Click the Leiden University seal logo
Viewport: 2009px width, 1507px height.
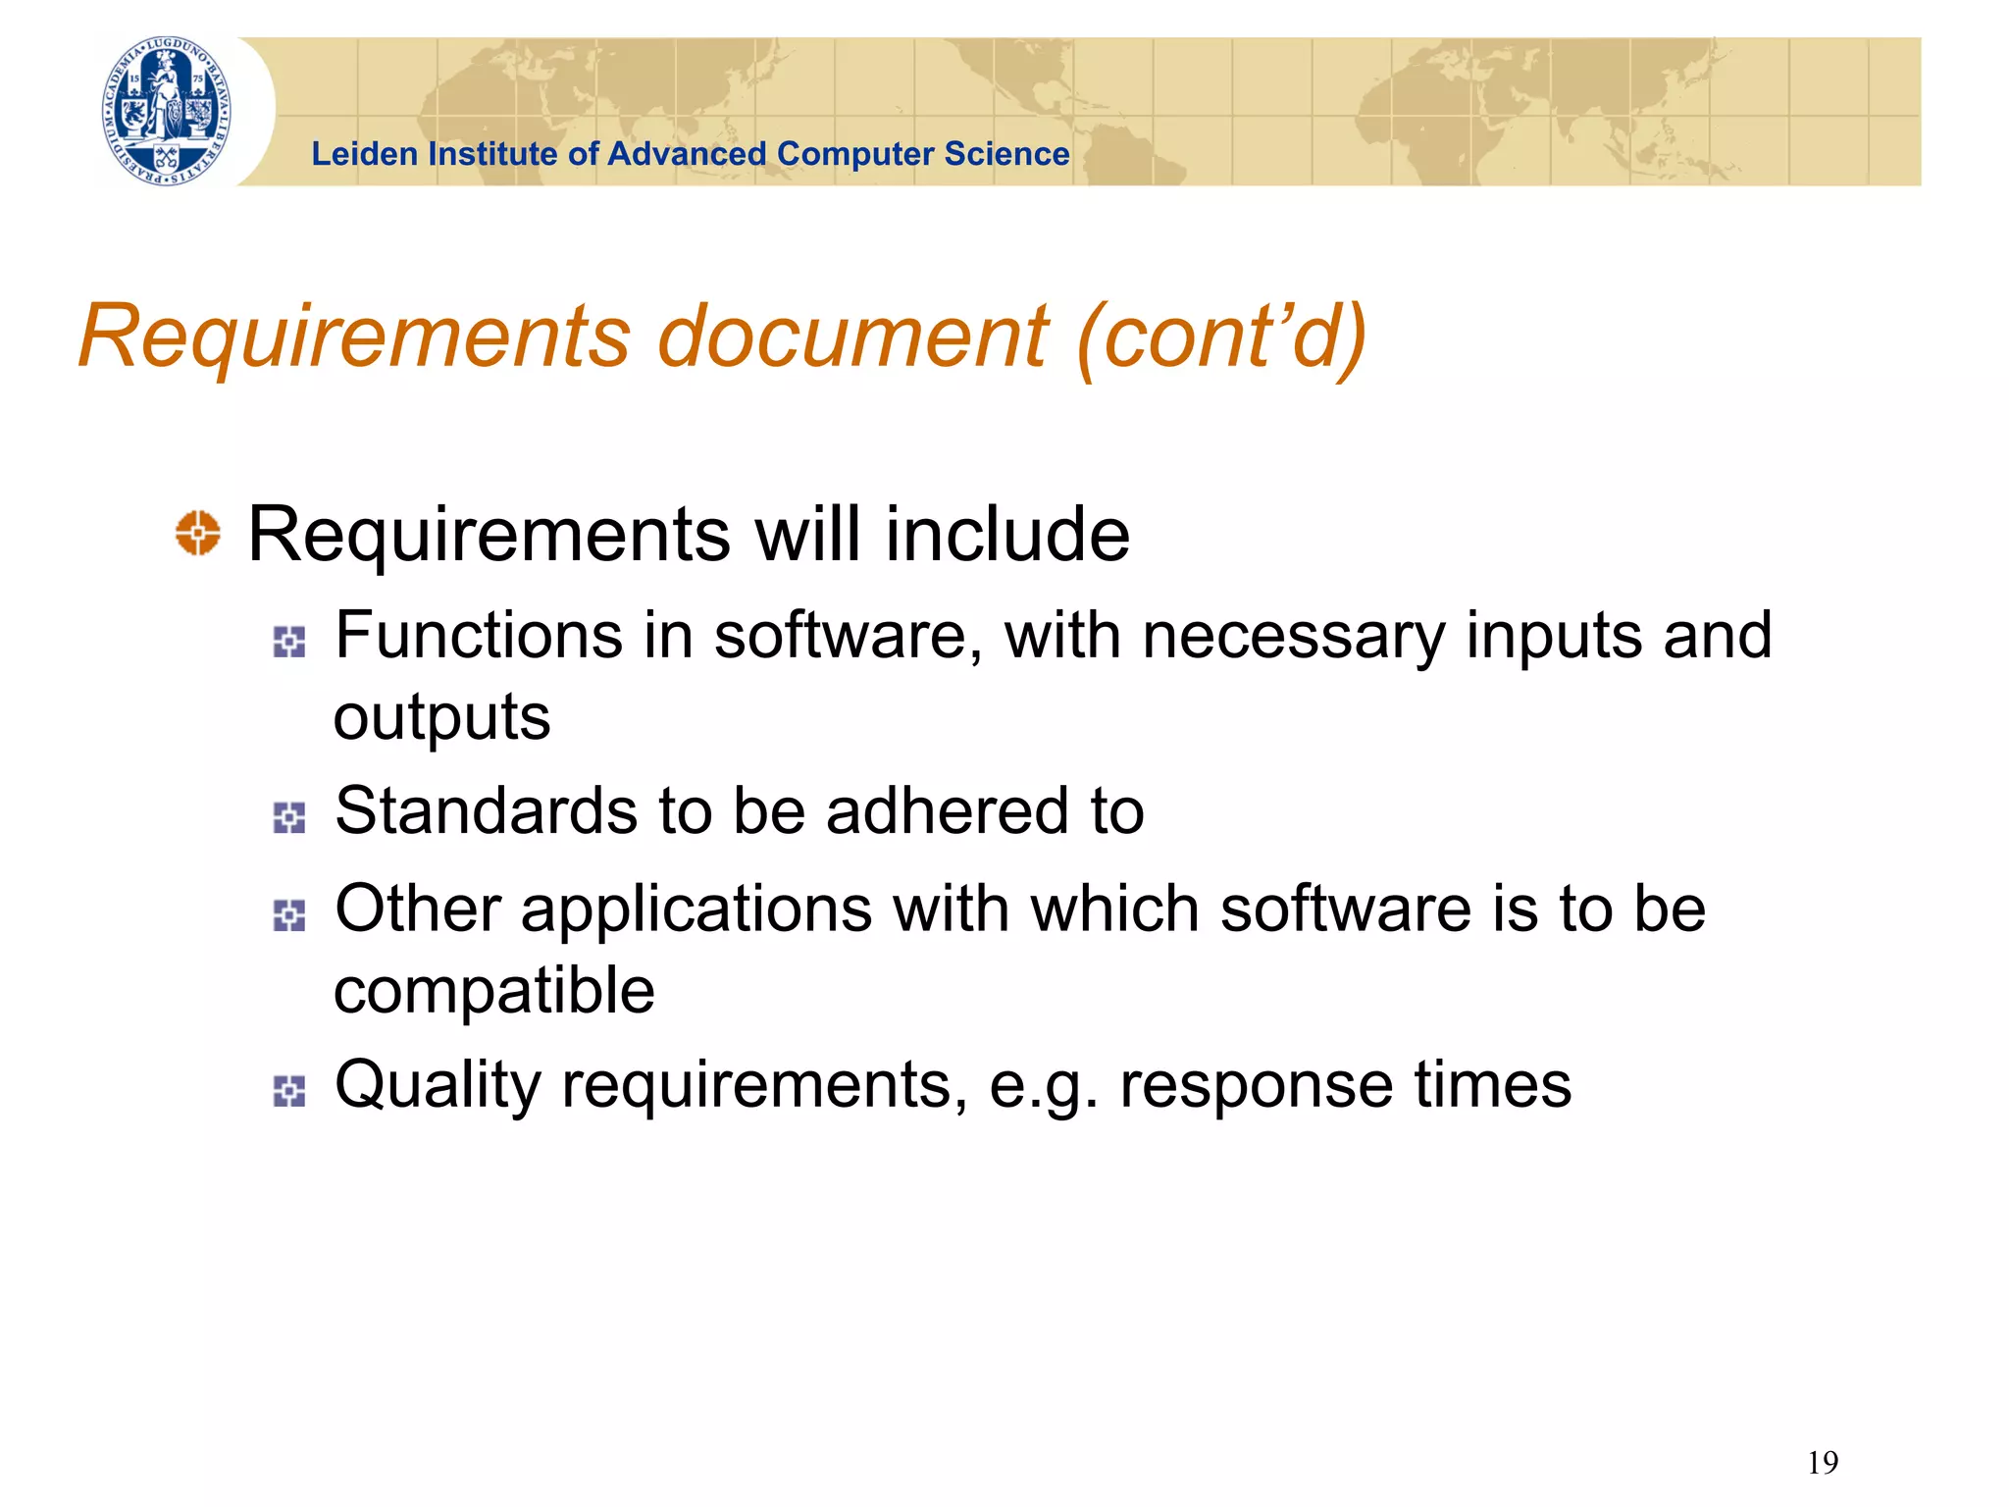(x=168, y=111)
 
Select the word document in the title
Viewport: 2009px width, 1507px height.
(x=851, y=336)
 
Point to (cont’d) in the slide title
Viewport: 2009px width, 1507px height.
(x=1221, y=336)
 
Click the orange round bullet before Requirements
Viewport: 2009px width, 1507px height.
(x=198, y=533)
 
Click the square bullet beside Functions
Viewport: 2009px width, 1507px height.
(x=289, y=642)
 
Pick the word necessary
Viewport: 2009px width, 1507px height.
(x=1294, y=637)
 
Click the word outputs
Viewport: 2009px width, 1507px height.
(x=441, y=718)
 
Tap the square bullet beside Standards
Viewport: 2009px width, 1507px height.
(x=289, y=817)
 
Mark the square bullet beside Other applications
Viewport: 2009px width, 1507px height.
(x=289, y=915)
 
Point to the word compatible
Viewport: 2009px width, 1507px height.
(x=493, y=991)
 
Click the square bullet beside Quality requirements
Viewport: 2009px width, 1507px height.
(x=289, y=1091)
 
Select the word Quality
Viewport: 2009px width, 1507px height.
(x=438, y=1085)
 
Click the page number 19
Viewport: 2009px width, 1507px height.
(x=1822, y=1463)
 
